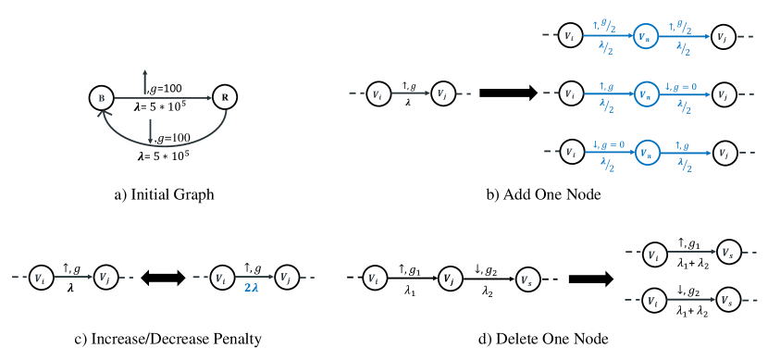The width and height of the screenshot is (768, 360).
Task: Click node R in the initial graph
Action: coord(224,95)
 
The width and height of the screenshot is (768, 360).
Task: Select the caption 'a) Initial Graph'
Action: coord(160,196)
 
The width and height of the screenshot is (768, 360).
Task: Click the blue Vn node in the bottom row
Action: coord(646,147)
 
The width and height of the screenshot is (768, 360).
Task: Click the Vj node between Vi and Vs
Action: coord(449,277)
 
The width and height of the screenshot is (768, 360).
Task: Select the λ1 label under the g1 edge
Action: coord(409,289)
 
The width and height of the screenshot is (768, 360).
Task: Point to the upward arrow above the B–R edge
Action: coord(145,79)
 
